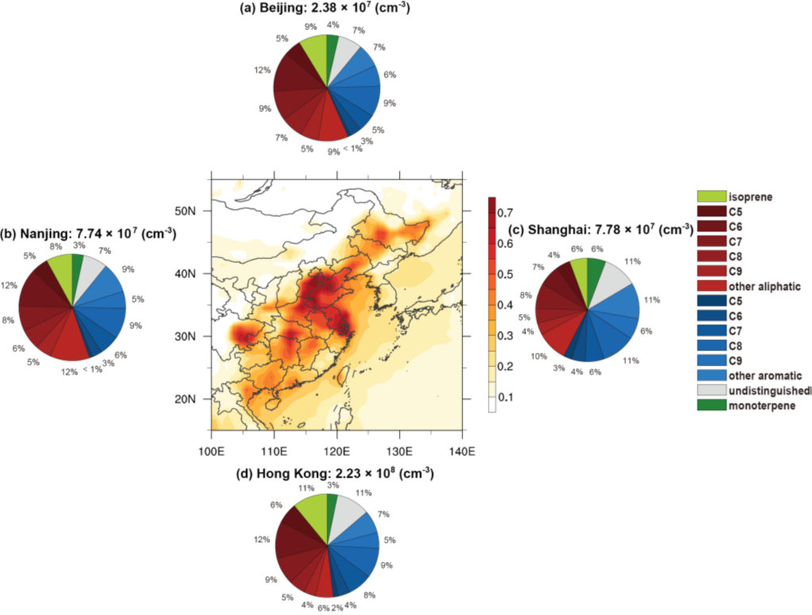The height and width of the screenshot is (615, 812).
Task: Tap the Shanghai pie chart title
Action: click(x=600, y=230)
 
